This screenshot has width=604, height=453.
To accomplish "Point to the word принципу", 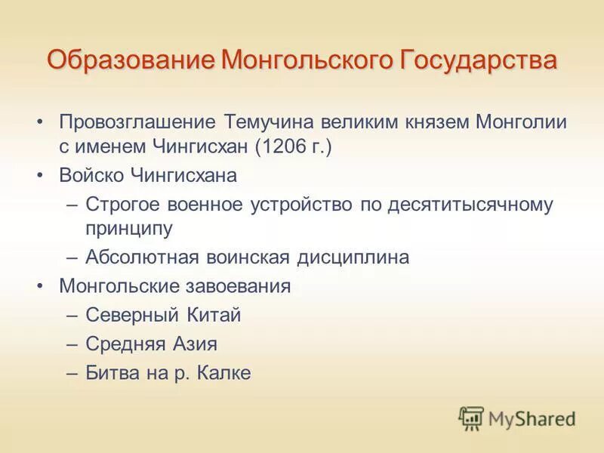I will coord(129,228).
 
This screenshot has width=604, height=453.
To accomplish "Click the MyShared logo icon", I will coord(471,417).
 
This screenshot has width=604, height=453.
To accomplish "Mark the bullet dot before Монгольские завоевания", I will coord(42,288).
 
